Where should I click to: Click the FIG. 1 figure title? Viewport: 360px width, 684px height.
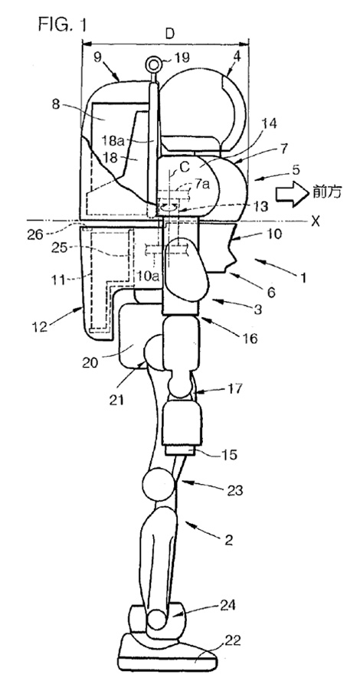(62, 25)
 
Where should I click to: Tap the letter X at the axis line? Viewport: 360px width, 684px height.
(315, 221)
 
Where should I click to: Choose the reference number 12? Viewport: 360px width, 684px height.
(40, 326)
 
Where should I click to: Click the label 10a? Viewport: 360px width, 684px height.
(146, 276)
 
